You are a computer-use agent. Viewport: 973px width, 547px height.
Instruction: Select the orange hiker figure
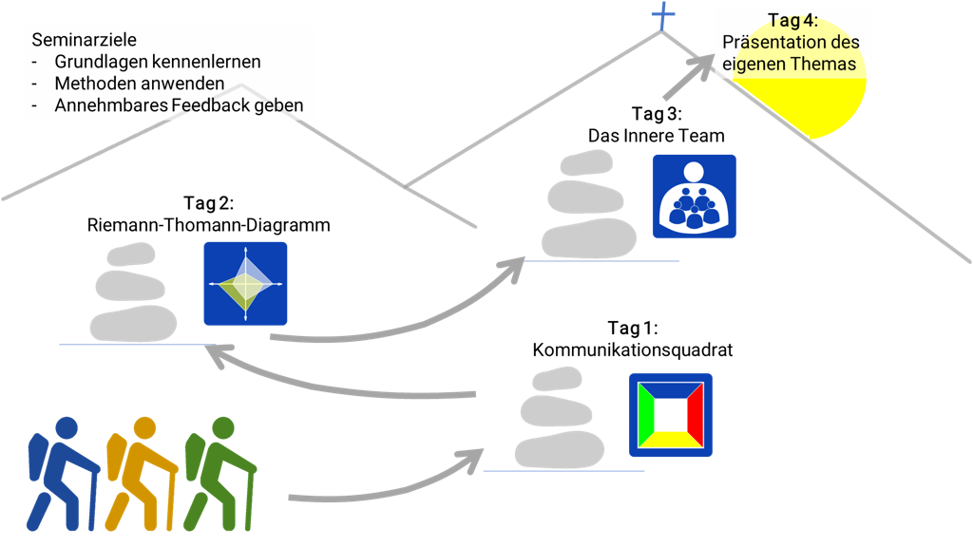pyautogui.click(x=139, y=475)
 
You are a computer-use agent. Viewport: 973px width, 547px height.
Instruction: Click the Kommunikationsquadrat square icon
pyautogui.click(x=671, y=415)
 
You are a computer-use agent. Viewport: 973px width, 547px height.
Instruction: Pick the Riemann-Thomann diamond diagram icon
pyautogui.click(x=245, y=284)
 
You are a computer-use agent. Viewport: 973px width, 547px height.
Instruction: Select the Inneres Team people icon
pyautogui.click(x=694, y=196)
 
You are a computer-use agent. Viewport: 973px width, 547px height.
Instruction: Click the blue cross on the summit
pyautogui.click(x=661, y=15)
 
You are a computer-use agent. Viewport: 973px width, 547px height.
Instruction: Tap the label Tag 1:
pyautogui.click(x=631, y=329)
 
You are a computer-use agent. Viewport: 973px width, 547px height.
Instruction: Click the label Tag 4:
pyautogui.click(x=793, y=21)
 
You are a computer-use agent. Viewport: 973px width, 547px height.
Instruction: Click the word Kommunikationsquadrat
pyautogui.click(x=633, y=350)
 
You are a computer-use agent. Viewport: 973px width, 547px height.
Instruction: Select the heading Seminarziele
pyautogui.click(x=84, y=41)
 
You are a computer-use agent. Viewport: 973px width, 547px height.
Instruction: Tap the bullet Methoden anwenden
pyautogui.click(x=140, y=84)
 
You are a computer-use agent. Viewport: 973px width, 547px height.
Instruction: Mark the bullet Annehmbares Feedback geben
pyautogui.click(x=179, y=105)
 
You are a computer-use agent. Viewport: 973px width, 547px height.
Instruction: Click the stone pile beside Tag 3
pyautogui.click(x=589, y=208)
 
